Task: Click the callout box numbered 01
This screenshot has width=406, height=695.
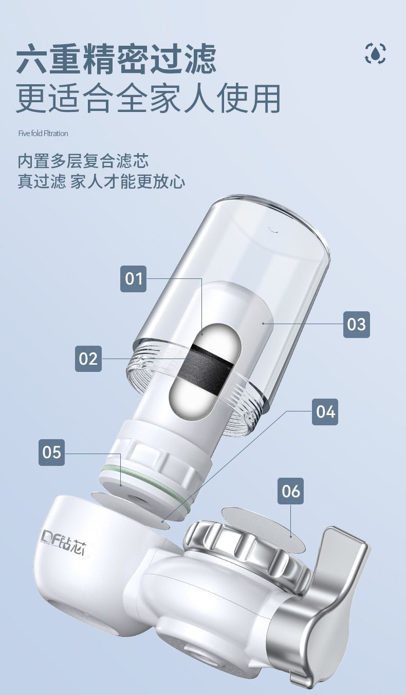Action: [134, 278]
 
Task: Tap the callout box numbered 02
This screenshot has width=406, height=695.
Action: [88, 359]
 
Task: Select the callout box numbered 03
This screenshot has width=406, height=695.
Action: [357, 325]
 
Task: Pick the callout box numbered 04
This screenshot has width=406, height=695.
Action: [325, 412]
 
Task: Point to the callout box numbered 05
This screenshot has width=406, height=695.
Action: [52, 453]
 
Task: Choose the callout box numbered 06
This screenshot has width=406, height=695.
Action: [291, 491]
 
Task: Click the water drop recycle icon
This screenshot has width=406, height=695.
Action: [375, 54]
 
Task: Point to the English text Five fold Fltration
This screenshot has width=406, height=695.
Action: [43, 134]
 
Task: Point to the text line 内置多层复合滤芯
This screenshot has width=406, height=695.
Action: [83, 161]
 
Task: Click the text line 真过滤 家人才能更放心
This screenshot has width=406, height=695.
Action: [101, 182]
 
